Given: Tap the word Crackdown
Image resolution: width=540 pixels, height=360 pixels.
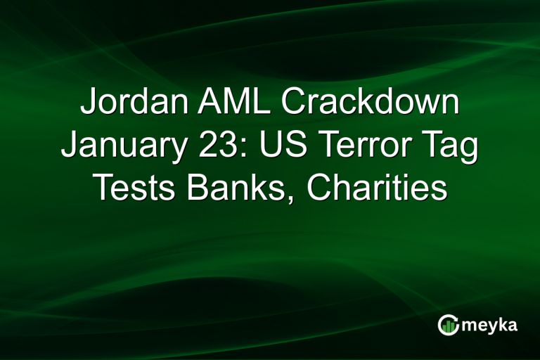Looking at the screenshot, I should (x=371, y=103).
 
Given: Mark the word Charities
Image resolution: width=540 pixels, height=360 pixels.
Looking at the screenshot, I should (x=377, y=188).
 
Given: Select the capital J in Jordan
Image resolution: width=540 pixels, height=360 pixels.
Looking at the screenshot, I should (x=89, y=103).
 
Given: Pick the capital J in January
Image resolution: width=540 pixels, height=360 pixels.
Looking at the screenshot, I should (x=70, y=146).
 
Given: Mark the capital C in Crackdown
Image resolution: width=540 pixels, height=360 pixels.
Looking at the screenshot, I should (x=295, y=103).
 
